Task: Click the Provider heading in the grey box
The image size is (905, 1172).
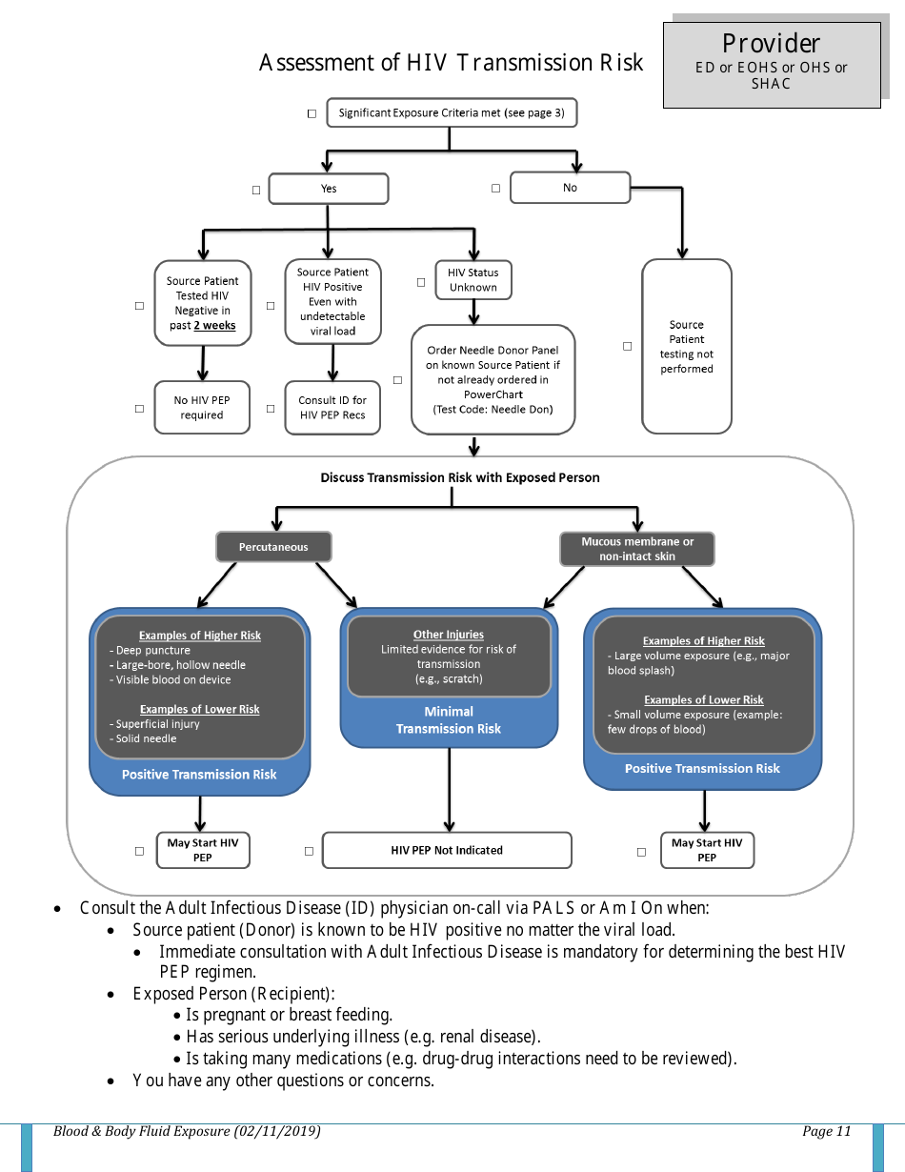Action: pos(771,44)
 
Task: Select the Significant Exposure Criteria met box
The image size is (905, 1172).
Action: pos(451,112)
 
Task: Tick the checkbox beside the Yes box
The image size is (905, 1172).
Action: pos(256,190)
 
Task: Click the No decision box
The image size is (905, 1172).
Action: pos(570,188)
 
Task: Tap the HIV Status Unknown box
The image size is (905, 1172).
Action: pos(473,280)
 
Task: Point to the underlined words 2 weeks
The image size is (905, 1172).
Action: pos(214,326)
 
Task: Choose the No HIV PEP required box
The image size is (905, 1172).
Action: pos(202,408)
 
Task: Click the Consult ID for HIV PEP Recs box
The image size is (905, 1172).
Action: pos(332,408)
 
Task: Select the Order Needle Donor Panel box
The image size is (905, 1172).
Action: pos(493,379)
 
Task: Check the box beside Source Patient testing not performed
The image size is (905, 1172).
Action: pos(627,346)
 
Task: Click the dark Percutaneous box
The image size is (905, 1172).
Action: pos(273,547)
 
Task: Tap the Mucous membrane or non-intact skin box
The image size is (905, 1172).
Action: pos(637,549)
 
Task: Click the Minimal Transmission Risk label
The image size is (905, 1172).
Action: pos(449,720)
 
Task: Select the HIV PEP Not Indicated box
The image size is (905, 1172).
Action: pos(447,850)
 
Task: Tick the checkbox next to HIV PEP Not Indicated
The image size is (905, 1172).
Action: pos(309,851)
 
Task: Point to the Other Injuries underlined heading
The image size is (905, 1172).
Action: pos(449,635)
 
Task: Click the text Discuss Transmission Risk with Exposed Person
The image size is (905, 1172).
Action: pos(460,477)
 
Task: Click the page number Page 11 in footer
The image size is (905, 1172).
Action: pos(826,1132)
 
